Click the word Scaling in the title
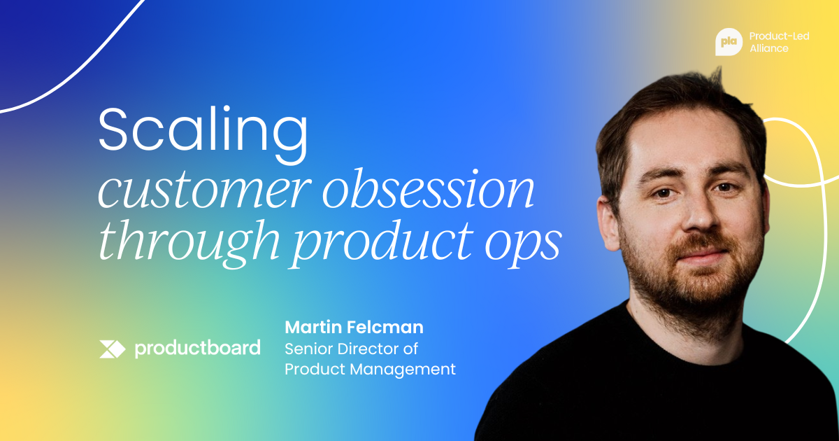pos(203,134)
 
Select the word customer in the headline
pos(204,191)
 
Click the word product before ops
pos(383,244)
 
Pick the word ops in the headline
pos(523,246)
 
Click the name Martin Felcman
pos(354,328)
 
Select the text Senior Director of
pos(351,349)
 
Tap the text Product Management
pos(370,370)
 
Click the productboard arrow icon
pos(112,349)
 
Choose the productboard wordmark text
pos(197,349)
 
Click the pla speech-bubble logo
pos(729,42)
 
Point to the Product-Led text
pos(779,36)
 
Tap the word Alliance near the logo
pos(769,48)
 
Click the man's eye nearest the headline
pos(664,193)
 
